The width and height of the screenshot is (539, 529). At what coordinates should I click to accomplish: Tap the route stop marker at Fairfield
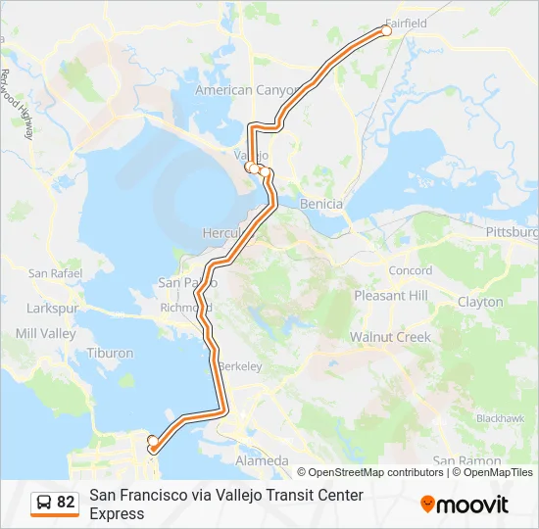(386, 31)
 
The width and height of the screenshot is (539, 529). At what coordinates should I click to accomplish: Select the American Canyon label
(247, 90)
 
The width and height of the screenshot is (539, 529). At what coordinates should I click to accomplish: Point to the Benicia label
(323, 204)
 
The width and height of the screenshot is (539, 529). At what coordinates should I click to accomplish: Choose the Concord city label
(410, 270)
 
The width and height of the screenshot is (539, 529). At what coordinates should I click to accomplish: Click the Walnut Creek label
(390, 337)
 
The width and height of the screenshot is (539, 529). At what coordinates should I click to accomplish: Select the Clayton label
(480, 303)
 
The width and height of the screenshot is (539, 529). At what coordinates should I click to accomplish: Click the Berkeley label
(240, 366)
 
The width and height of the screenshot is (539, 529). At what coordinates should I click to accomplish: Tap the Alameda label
(262, 460)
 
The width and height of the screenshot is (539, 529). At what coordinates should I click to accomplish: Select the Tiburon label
(110, 353)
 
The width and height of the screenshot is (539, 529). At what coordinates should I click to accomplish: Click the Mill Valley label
(45, 334)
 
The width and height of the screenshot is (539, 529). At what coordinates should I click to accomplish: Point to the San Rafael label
(53, 273)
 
